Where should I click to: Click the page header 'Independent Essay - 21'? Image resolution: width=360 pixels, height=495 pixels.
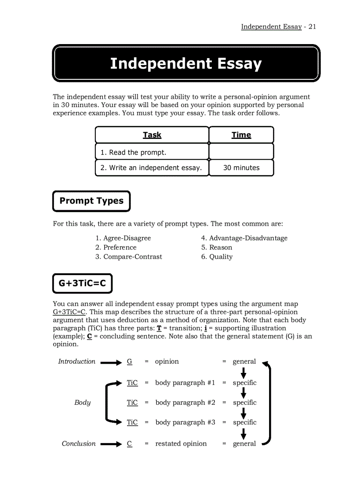point(278,26)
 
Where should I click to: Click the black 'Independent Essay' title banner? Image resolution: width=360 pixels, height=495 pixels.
point(186,63)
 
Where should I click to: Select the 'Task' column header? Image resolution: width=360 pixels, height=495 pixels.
point(152,135)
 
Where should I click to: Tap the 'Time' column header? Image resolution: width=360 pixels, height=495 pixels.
point(241,135)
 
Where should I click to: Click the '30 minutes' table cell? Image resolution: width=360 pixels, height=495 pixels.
point(241,168)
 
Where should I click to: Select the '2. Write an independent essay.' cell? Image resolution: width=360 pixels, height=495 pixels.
point(151,168)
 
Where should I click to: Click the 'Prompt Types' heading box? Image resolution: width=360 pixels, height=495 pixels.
point(91,201)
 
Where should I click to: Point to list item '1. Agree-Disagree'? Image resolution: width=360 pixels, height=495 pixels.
point(123,238)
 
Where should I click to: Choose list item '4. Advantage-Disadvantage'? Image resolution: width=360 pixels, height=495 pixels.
point(244,238)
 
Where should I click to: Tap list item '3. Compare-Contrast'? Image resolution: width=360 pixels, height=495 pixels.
point(128,257)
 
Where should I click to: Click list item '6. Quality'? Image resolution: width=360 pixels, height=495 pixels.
point(217,257)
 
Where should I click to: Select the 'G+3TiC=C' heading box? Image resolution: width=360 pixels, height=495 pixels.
point(82,283)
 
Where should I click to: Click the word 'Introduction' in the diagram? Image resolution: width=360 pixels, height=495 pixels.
point(77,361)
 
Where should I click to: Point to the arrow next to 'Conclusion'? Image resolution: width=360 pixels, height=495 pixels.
point(110,444)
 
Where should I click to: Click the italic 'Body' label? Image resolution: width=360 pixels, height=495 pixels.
point(82,402)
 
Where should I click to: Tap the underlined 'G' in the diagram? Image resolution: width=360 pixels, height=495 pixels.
point(129,361)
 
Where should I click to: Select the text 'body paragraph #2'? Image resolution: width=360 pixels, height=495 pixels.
point(185,402)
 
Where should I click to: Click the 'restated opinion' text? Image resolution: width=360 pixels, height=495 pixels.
point(181,444)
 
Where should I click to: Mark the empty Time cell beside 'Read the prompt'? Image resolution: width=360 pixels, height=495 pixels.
point(241,152)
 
